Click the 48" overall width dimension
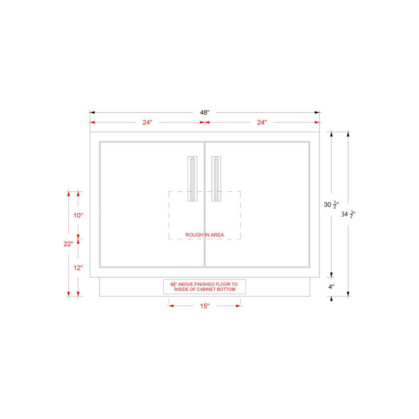[x=205, y=113]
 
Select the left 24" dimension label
[x=147, y=123]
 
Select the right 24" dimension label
[x=262, y=123]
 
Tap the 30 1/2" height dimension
[x=332, y=205]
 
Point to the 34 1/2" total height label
[x=348, y=214]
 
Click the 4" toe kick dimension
[x=332, y=287]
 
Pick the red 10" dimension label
[x=78, y=215]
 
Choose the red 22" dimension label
[x=69, y=244]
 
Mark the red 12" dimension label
[x=78, y=268]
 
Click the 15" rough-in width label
[x=205, y=306]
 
